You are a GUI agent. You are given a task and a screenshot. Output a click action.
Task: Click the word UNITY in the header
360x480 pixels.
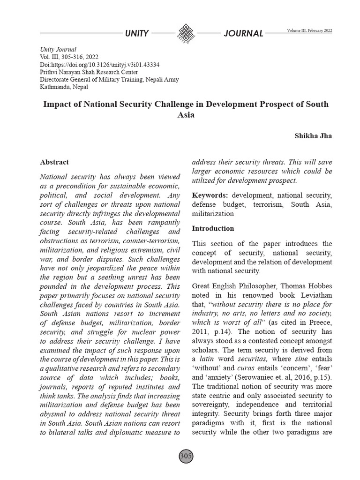(x=137, y=33)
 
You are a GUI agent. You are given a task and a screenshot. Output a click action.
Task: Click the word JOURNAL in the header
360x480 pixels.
(x=243, y=33)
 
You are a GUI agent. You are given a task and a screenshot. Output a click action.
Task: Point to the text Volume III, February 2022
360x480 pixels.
(x=309, y=30)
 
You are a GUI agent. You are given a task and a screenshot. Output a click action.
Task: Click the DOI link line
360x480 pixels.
(x=100, y=64)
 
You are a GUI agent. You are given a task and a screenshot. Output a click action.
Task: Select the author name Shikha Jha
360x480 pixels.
(x=313, y=135)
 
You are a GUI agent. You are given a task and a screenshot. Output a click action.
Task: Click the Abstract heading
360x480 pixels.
(x=54, y=162)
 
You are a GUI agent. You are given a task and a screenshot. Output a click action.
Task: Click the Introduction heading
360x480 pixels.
(x=213, y=229)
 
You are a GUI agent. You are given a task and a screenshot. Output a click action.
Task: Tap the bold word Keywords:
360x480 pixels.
(x=210, y=195)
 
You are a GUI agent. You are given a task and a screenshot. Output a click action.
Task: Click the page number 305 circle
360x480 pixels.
(x=186, y=456)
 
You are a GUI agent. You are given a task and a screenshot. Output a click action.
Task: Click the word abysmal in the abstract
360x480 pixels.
(x=54, y=414)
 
